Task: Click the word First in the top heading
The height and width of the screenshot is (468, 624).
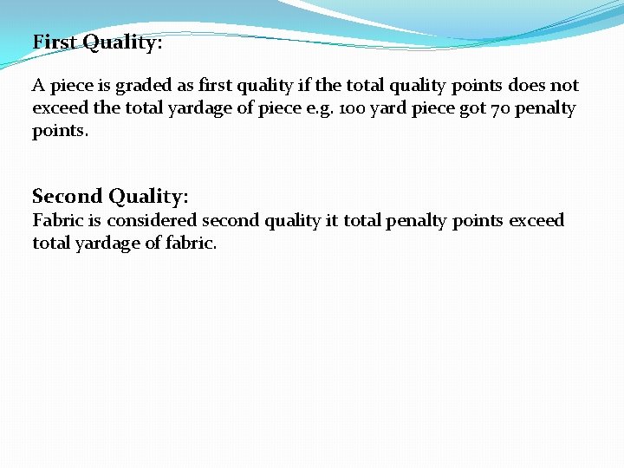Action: [x=54, y=42]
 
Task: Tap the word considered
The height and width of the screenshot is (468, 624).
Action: [x=152, y=220]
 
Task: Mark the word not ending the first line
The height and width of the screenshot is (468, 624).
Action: [x=564, y=86]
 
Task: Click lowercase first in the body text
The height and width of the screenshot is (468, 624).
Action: [x=216, y=86]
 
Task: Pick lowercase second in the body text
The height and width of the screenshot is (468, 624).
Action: [x=230, y=220]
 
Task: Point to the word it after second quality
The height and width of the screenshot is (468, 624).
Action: [x=331, y=220]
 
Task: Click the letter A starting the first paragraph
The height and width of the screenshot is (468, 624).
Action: [x=38, y=86]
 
